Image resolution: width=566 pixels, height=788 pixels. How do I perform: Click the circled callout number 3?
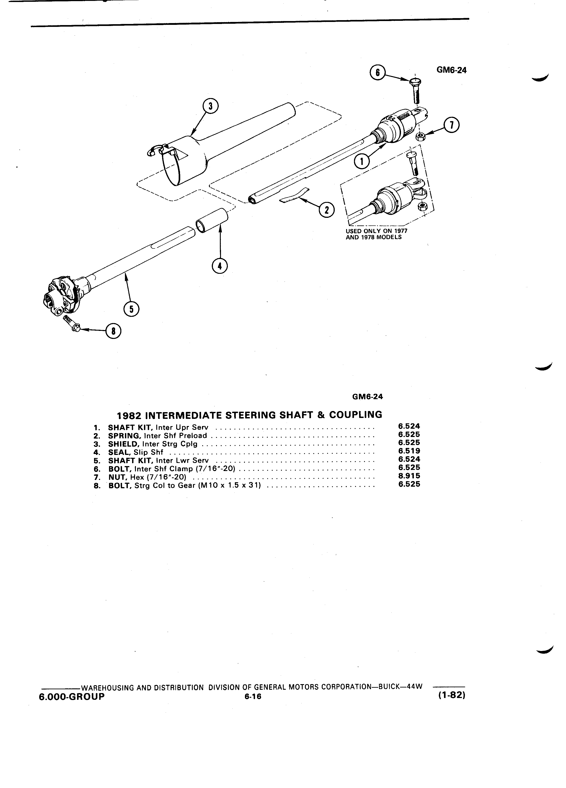[210, 107]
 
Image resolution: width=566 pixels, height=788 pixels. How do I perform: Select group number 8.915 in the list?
[409, 476]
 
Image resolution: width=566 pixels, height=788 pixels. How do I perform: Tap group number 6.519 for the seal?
[409, 451]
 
